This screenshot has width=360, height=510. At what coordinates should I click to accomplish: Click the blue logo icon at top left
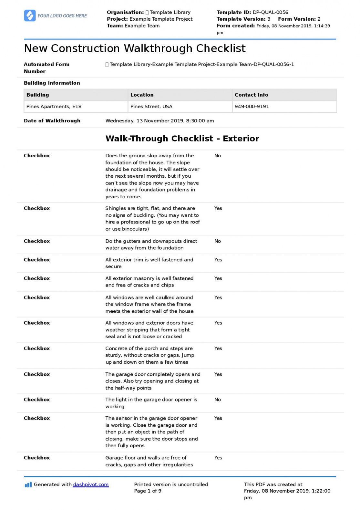pyautogui.click(x=30, y=16)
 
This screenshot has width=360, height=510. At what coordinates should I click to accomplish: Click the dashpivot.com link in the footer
pyautogui.click(x=91, y=484)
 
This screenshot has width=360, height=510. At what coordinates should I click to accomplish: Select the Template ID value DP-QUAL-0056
pyautogui.click(x=270, y=12)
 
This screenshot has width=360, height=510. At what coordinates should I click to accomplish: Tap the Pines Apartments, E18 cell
pyautogui.click(x=54, y=107)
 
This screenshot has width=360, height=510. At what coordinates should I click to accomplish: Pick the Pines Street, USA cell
pyautogui.click(x=151, y=107)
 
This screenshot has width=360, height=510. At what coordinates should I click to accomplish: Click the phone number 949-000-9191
pyautogui.click(x=252, y=107)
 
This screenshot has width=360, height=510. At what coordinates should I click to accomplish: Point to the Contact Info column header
pyautogui.click(x=251, y=95)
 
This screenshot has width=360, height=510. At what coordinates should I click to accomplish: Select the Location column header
pyautogui.click(x=142, y=95)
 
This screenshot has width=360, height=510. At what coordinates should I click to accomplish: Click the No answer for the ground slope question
pyautogui.click(x=218, y=156)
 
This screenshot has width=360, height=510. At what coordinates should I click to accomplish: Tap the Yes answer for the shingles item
pyautogui.click(x=218, y=208)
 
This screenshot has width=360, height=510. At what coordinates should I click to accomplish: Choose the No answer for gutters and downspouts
pyautogui.click(x=218, y=241)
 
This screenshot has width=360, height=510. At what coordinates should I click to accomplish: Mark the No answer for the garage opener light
pyautogui.click(x=218, y=400)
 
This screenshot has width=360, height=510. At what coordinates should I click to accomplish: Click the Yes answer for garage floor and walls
pyautogui.click(x=218, y=458)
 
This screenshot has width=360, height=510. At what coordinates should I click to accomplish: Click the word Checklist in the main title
pyautogui.click(x=221, y=48)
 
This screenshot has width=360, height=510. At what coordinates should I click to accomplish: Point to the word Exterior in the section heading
pyautogui.click(x=241, y=139)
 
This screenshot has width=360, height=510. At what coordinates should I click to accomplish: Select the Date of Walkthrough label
pyautogui.click(x=52, y=121)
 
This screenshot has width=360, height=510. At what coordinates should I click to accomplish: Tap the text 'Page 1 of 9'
pyautogui.click(x=148, y=491)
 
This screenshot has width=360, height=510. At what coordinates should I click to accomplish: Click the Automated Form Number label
pyautogui.click(x=46, y=68)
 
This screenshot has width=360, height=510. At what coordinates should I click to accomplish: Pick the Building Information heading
pyautogui.click(x=52, y=83)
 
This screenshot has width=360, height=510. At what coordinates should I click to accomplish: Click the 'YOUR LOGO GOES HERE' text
pyautogui.click(x=62, y=16)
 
